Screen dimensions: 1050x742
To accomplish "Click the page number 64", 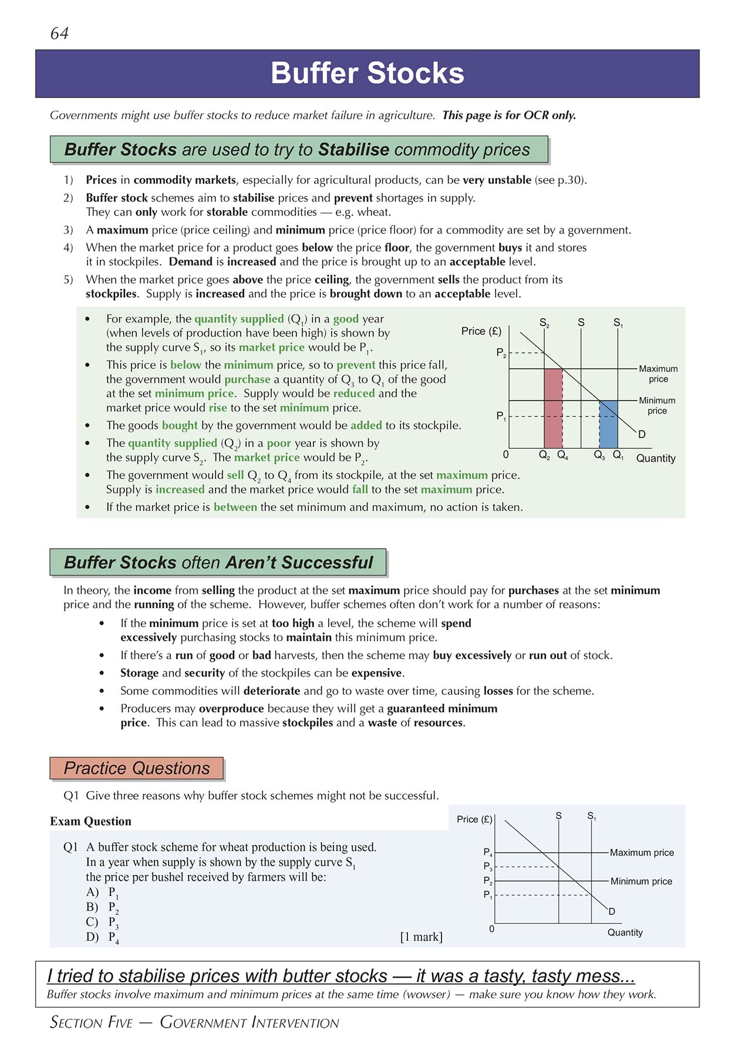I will pyautogui.click(x=59, y=33).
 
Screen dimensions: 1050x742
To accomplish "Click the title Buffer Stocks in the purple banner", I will pyautogui.click(x=367, y=73).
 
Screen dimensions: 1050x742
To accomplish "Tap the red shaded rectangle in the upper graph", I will pyautogui.click(x=553, y=408).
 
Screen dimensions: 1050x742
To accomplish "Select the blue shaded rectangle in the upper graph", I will pyautogui.click(x=608, y=424).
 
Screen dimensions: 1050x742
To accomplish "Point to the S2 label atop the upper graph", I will pyautogui.click(x=544, y=322).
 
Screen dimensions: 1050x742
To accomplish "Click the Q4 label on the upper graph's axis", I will pyautogui.click(x=562, y=455).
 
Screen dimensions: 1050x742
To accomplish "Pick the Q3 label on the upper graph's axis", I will pyautogui.click(x=599, y=455).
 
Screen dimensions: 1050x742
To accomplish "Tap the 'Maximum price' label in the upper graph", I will pyautogui.click(x=658, y=373).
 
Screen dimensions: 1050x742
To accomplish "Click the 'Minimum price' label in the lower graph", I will pyautogui.click(x=641, y=881).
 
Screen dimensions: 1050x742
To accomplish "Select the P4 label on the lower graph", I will pyautogui.click(x=488, y=852).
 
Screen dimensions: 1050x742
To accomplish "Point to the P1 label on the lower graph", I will pyautogui.click(x=488, y=895).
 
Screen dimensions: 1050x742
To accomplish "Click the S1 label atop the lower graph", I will pyautogui.click(x=592, y=816).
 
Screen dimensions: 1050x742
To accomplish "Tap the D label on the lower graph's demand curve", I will pyautogui.click(x=612, y=911).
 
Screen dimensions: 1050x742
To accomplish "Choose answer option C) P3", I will pyautogui.click(x=103, y=923).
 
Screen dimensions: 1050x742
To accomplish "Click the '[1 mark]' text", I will pyautogui.click(x=421, y=937).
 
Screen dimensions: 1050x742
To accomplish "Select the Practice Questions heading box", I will pyautogui.click(x=137, y=768).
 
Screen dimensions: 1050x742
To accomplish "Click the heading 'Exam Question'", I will pyautogui.click(x=90, y=821).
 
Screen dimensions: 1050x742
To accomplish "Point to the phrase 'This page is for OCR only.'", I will pyautogui.click(x=509, y=115).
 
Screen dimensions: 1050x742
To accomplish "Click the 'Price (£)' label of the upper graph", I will pyautogui.click(x=481, y=331).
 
